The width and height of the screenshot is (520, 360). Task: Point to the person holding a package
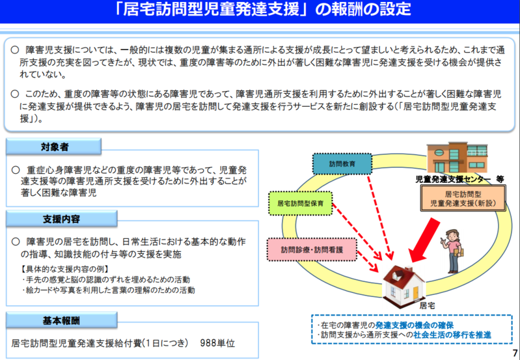click(x=456, y=251)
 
